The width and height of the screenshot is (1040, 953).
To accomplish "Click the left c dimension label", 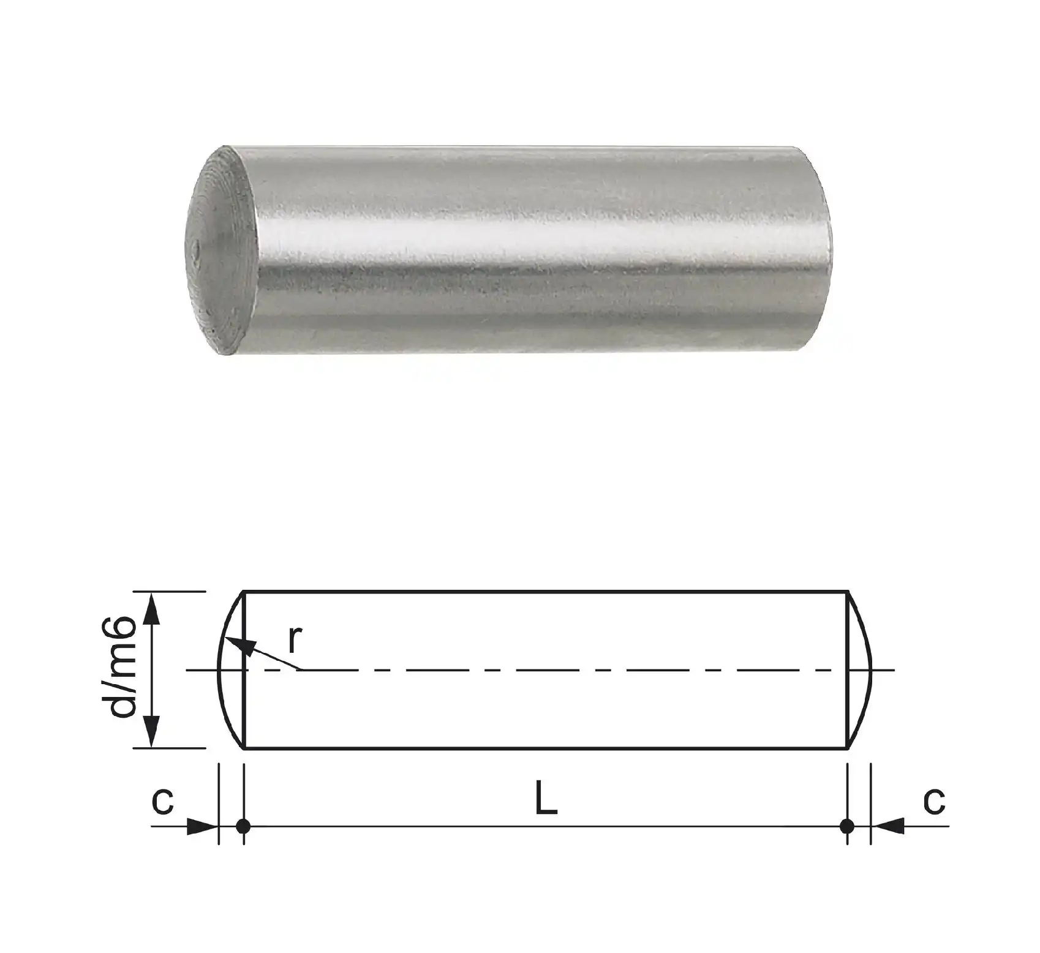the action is click(x=163, y=801).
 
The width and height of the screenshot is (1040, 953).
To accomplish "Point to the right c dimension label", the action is click(x=935, y=801).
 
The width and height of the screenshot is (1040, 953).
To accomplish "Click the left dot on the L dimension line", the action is click(x=244, y=826).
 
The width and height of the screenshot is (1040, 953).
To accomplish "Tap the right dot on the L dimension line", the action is click(x=847, y=826).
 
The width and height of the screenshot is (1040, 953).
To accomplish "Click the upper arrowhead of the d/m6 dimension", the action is click(x=153, y=609).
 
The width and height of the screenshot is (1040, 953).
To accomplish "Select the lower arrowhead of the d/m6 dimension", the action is click(x=153, y=731).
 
